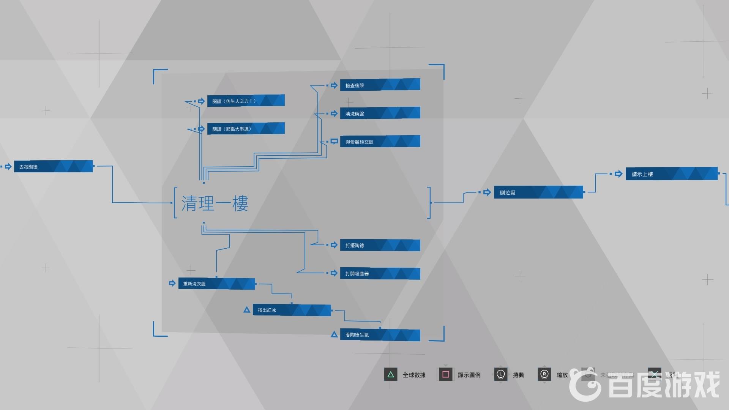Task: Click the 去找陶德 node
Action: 53,167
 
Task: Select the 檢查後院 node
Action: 380,85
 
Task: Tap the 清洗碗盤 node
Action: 380,113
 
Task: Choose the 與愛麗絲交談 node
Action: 380,142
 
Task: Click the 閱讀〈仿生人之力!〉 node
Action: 246,101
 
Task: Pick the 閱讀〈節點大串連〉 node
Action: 246,129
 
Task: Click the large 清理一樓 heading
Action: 215,203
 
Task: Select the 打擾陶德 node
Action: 380,245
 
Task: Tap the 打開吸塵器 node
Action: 380,273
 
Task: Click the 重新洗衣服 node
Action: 216,284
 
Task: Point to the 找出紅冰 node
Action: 292,310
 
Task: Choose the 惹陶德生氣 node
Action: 380,335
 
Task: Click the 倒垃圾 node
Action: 538,192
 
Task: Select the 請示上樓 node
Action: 671,174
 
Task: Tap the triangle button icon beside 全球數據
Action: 390,375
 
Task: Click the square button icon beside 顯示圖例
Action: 446,375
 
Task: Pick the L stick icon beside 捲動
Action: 500,375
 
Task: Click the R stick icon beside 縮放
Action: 544,375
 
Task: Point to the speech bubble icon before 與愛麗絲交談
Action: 334,142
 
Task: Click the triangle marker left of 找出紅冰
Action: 247,310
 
